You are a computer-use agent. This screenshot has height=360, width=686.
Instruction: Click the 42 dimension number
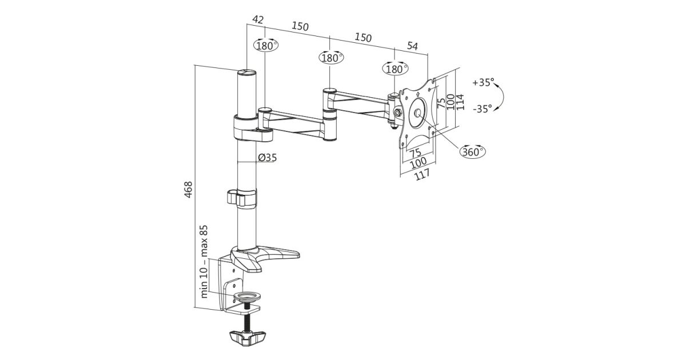pos(258,19)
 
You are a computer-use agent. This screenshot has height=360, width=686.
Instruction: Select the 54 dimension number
pos(412,46)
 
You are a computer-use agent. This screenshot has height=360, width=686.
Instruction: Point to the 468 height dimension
pos(189,190)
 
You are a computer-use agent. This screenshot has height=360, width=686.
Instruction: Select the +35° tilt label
pos(482,82)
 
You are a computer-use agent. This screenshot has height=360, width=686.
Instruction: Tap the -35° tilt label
pos(482,108)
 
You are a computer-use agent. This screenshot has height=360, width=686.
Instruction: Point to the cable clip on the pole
pos(241,197)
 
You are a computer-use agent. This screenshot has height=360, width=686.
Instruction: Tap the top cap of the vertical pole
pos(247,73)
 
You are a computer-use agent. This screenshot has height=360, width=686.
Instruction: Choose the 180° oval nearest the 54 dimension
pos(395,69)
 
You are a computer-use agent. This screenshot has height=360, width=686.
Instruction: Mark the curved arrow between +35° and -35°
pos(500,95)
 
